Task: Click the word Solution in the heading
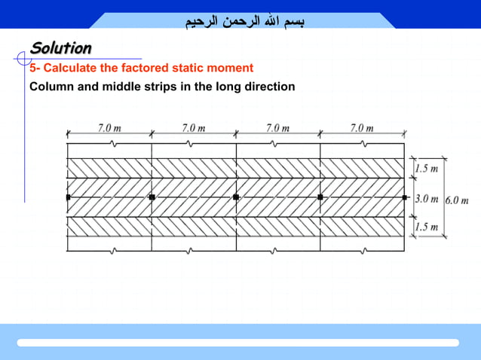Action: (61, 48)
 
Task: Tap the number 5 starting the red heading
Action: (33, 68)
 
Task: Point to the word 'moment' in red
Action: (229, 68)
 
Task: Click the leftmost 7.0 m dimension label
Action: (109, 128)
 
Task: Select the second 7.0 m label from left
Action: (194, 128)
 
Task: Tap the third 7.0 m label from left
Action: (278, 128)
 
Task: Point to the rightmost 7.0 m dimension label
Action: (362, 128)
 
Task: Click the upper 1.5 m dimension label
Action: (426, 169)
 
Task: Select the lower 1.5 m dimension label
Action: (426, 227)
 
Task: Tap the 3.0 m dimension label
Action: (427, 199)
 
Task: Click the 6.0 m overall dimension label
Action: (458, 201)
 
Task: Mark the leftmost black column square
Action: (68, 197)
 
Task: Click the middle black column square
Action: (236, 197)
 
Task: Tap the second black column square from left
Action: (152, 197)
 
